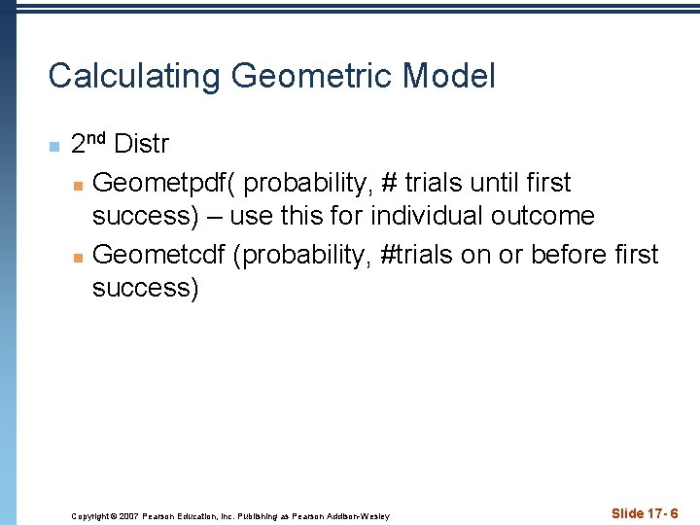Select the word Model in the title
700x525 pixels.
tap(449, 76)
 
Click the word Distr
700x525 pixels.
tap(141, 146)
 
